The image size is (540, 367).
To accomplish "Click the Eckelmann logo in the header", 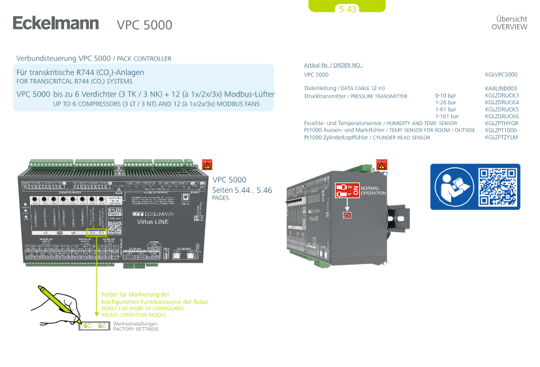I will click(x=56, y=23).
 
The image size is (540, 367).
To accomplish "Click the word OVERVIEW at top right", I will click(x=509, y=27).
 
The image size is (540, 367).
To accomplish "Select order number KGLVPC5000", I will click(x=501, y=75).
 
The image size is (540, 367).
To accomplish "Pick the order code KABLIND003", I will click(x=501, y=87).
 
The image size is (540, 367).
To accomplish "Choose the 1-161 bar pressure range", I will click(x=446, y=116).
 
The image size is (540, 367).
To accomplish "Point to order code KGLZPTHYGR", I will click(x=501, y=123).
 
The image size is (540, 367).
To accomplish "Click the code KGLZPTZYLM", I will click(x=501, y=138).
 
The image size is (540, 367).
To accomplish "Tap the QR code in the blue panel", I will click(x=497, y=186).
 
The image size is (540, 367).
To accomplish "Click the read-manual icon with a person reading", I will click(x=452, y=186).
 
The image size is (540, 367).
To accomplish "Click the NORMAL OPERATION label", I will click(x=373, y=191).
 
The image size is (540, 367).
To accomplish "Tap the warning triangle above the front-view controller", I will click(x=207, y=164).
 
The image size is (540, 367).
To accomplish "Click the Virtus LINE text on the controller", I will click(x=153, y=222).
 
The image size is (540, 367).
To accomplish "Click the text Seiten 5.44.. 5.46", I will click(x=242, y=190).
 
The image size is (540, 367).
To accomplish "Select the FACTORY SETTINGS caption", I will click(x=136, y=329).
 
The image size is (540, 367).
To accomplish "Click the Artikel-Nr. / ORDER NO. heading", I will click(x=333, y=65).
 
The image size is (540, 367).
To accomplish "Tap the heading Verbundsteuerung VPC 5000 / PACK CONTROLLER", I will click(x=93, y=59).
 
